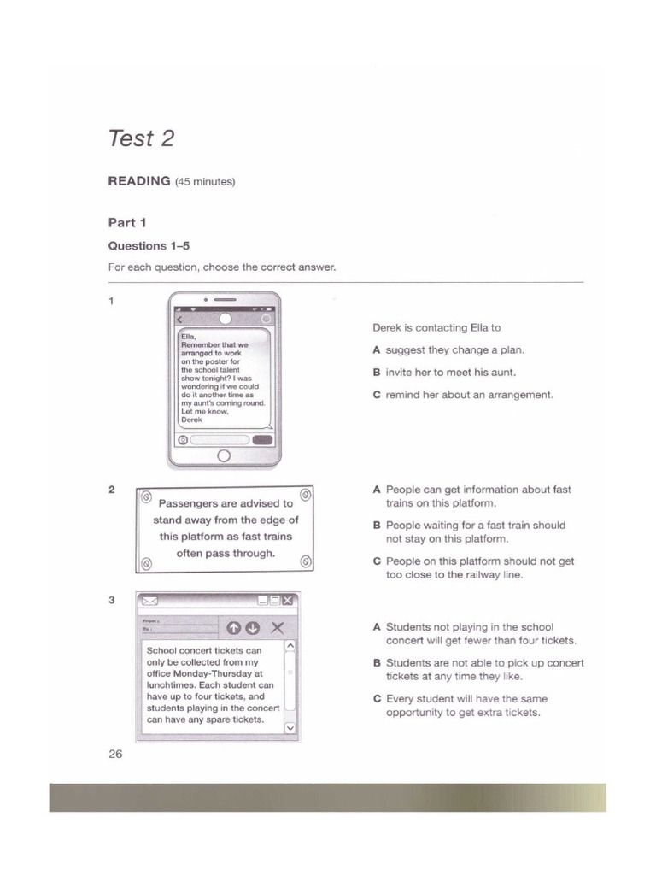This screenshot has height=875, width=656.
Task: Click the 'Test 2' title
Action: pyautogui.click(x=141, y=138)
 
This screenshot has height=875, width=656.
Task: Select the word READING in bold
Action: pyautogui.click(x=138, y=181)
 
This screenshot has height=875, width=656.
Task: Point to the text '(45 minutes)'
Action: pyautogui.click(x=205, y=182)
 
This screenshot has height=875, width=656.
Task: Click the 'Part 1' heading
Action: pyautogui.click(x=127, y=223)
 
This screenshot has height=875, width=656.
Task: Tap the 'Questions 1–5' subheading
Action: pyautogui.click(x=149, y=246)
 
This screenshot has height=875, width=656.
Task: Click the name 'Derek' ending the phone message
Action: pyautogui.click(x=192, y=420)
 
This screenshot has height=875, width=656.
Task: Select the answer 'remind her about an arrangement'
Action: pyautogui.click(x=463, y=395)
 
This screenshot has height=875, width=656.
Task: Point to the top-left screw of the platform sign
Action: pyautogui.click(x=145, y=496)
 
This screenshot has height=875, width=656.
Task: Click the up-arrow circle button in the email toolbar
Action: pyautogui.click(x=233, y=628)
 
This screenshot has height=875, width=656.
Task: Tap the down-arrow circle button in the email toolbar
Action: pyautogui.click(x=252, y=628)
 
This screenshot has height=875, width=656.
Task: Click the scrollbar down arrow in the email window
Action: pyautogui.click(x=289, y=727)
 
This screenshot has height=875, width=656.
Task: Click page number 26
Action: pyautogui.click(x=115, y=754)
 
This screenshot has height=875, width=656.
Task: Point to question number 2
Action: pyautogui.click(x=112, y=490)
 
